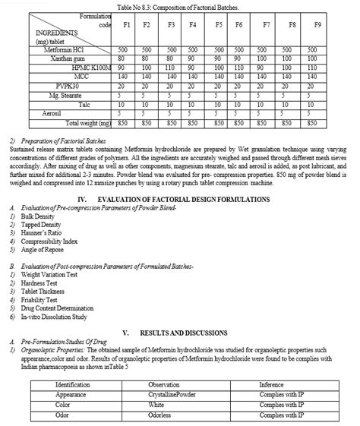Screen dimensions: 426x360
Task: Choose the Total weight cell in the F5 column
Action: pyautogui.click(x=219, y=121)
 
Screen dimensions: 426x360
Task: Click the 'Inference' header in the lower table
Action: pyautogui.click(x=270, y=364)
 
